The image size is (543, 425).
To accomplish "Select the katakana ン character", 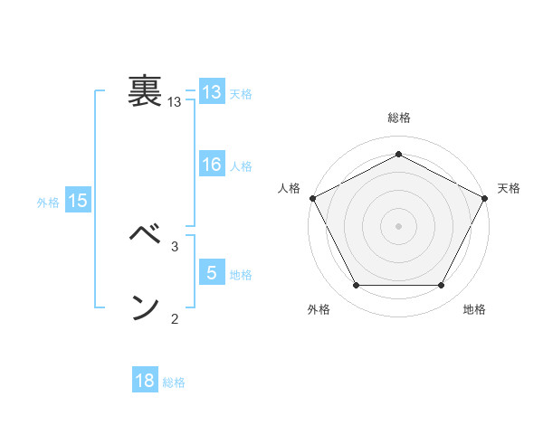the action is coord(144,307).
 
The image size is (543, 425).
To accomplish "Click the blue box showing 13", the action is coord(212,92).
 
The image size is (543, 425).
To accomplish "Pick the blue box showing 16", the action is coord(212,165).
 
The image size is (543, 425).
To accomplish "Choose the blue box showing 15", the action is coord(78,201).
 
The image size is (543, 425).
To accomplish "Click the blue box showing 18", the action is coord(145,381).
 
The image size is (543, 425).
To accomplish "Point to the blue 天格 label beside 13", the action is coord(241,94).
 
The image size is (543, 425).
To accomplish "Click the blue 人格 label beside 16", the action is coord(241,166).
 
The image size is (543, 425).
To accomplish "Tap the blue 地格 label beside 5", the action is coord(241,274).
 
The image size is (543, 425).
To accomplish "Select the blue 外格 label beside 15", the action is coord(48,203).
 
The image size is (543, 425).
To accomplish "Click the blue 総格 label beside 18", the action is coord(174,382).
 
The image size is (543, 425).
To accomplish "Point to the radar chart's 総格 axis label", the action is coord(398,118).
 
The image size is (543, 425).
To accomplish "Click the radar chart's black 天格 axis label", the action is coord(509,188).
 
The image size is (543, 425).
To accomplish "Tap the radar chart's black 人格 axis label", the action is coord(289,188).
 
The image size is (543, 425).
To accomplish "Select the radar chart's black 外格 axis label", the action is coord(319,309).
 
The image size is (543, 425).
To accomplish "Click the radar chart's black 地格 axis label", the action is coord(474,309).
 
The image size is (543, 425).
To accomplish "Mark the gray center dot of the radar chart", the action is coord(398,224).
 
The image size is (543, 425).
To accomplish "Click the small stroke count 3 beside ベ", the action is coord(175,246).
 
